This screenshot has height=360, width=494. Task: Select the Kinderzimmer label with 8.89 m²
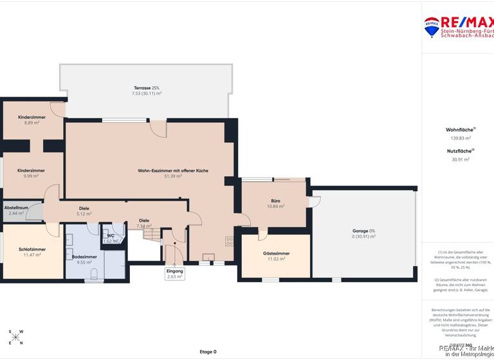(31, 120)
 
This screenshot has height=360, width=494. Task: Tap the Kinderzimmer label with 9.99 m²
(31, 173)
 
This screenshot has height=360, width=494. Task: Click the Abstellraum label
(16, 210)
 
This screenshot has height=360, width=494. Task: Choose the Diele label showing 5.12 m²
(84, 211)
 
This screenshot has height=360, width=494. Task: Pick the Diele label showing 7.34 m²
(144, 223)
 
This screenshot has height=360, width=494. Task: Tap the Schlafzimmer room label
(32, 251)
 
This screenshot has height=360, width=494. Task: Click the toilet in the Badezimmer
(95, 274)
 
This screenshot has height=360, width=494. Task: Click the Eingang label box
(175, 274)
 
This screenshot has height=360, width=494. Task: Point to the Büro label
(275, 203)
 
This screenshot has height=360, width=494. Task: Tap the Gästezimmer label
(276, 256)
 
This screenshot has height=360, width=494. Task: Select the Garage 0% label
(363, 233)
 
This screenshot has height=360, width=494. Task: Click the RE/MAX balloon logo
(431, 26)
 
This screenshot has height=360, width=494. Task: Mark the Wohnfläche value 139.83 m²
(460, 138)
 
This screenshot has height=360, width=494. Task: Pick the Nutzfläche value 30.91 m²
(460, 159)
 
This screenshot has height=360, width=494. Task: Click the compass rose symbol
(15, 337)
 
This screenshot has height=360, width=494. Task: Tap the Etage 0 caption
(208, 352)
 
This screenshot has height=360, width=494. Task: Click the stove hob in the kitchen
(229, 242)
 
